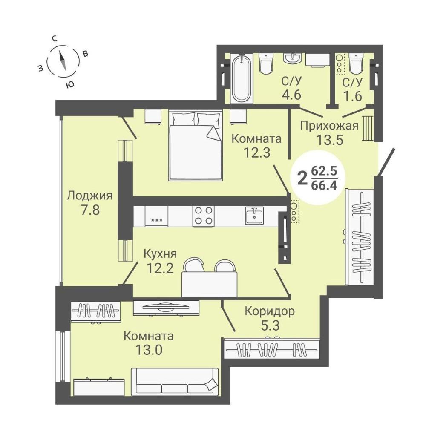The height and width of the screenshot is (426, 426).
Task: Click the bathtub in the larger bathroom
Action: coord(242,78)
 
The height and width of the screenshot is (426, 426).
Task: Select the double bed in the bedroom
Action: coord(196,145)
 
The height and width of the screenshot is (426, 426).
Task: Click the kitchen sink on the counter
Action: coord(254,215)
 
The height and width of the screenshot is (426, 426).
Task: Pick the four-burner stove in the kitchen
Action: coord(204,216)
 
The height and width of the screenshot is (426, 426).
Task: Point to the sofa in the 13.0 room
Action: coord(175,382)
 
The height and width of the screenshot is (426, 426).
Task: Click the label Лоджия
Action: coord(89,196)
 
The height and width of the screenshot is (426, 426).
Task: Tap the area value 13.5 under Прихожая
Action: coord(330,140)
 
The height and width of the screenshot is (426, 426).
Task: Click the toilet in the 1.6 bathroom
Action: coord(357,63)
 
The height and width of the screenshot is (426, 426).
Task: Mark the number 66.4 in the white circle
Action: coord(324,186)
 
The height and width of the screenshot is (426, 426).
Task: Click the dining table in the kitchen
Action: coord(210,284)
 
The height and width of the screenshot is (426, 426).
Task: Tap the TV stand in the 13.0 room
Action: coord(166,308)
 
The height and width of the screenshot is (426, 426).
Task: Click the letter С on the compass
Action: coord(55,39)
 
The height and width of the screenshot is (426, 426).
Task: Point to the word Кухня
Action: coord(160,254)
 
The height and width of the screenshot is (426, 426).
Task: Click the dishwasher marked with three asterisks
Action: coord(156,216)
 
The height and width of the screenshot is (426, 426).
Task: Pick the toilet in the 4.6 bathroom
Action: coord(266,64)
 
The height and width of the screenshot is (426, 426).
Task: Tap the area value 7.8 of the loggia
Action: coord(90,210)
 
